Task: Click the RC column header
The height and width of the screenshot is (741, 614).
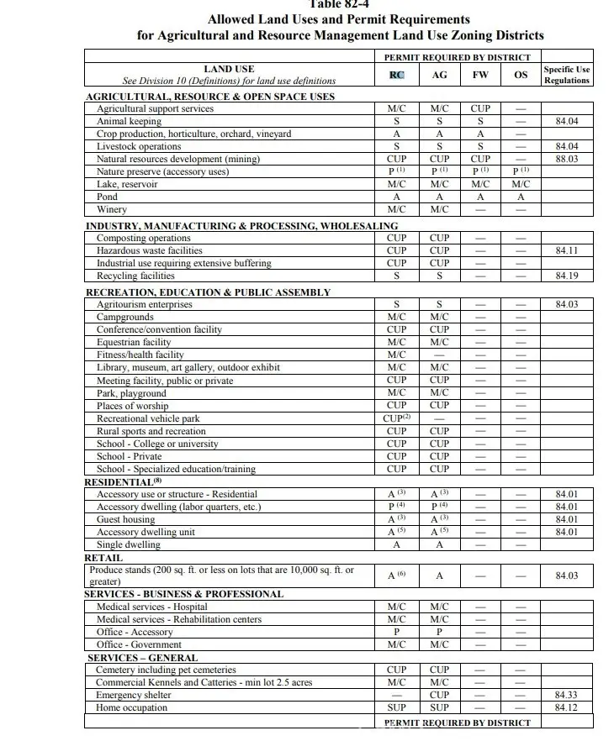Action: (x=397, y=75)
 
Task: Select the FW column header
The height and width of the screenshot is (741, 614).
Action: (x=480, y=75)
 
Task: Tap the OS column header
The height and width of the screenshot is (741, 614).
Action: (x=521, y=75)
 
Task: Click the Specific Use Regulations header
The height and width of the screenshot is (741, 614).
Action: (x=566, y=75)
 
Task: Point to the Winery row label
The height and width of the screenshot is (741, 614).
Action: (x=112, y=209)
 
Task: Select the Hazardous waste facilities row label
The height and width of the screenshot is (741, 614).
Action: (x=149, y=250)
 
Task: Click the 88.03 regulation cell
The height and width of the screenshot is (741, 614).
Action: (x=566, y=159)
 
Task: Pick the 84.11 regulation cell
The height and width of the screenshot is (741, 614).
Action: (x=566, y=250)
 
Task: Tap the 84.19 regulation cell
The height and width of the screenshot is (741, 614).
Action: (x=566, y=276)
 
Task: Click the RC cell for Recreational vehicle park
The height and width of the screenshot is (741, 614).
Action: (x=397, y=418)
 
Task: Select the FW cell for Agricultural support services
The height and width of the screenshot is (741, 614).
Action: (x=480, y=108)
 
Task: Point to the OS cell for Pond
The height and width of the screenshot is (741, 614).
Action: (x=521, y=197)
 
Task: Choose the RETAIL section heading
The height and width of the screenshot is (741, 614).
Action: (x=103, y=558)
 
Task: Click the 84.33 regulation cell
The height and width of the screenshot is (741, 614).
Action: (x=566, y=696)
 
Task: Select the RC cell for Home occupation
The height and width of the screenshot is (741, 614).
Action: (x=397, y=708)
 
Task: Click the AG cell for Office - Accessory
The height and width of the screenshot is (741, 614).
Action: (x=439, y=632)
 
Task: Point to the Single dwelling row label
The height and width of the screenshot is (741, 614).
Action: (x=128, y=544)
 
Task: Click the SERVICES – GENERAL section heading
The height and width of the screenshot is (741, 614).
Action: (x=142, y=658)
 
